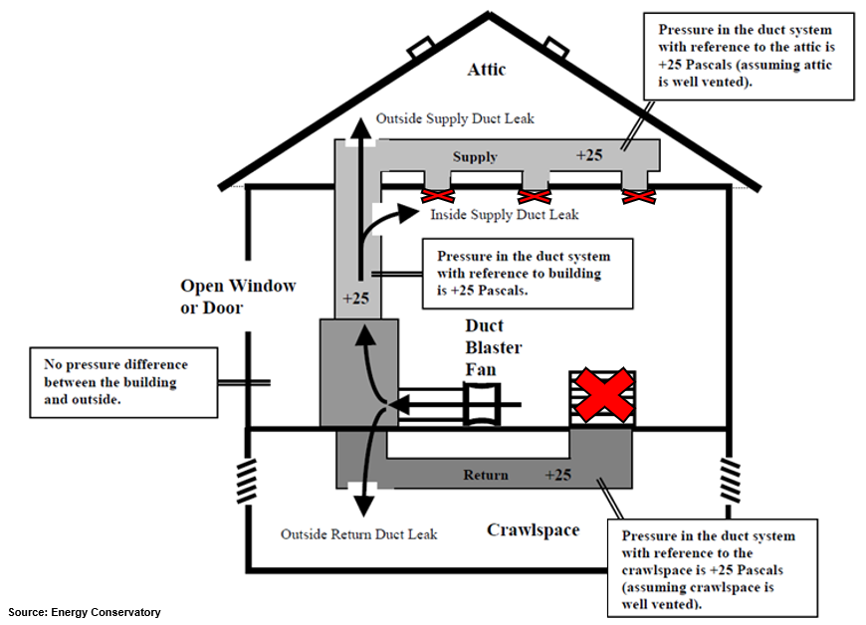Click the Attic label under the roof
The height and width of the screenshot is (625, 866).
(487, 70)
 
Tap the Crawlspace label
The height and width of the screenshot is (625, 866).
(533, 530)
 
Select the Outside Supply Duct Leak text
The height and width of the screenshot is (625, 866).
(455, 118)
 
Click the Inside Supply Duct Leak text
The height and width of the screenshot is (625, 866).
(504, 215)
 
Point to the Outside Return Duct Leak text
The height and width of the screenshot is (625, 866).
(358, 534)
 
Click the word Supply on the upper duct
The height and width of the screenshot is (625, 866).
(475, 157)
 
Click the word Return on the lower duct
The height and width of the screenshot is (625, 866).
(486, 475)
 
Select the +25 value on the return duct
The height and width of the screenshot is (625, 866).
(557, 475)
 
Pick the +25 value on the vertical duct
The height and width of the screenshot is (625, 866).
(355, 299)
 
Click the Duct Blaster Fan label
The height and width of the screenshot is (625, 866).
(493, 347)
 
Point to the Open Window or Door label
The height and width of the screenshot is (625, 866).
(238, 297)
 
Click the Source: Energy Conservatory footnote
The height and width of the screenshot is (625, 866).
(85, 612)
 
